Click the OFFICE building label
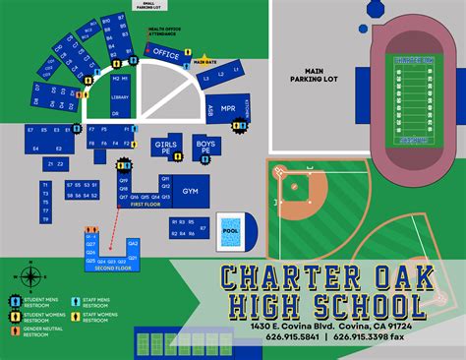coord(166,55)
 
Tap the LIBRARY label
coord(120,97)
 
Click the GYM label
coord(191,191)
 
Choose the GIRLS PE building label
coord(164,148)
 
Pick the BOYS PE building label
coord(205,148)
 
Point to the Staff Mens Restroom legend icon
coord(74,300)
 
